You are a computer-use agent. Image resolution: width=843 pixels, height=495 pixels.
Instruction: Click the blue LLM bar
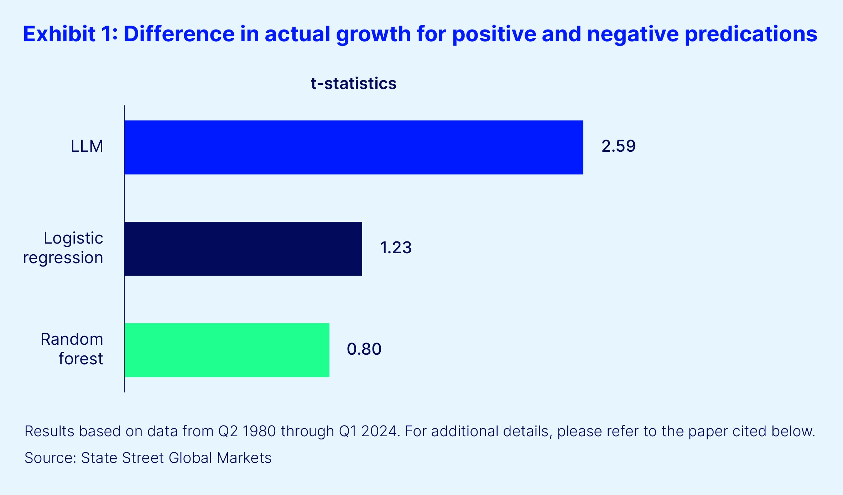click(353, 147)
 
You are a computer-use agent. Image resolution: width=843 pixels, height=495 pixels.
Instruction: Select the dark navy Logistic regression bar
click(243, 249)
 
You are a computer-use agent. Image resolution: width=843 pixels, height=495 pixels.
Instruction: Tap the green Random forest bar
click(227, 350)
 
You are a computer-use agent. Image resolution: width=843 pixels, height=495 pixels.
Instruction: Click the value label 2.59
click(618, 146)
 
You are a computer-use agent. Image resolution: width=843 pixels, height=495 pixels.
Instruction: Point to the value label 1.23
click(396, 247)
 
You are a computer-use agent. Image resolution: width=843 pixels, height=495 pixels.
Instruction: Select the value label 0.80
click(364, 349)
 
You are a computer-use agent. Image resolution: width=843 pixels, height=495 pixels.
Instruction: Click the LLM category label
click(87, 146)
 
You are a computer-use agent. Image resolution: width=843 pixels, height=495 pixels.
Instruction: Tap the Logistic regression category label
click(63, 248)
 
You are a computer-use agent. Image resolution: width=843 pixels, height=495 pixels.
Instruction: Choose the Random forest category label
click(72, 349)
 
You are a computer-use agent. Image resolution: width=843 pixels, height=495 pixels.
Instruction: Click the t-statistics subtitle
click(353, 84)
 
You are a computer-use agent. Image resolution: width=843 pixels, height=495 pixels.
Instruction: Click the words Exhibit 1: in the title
click(70, 34)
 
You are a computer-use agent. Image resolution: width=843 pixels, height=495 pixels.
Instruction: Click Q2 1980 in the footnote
click(247, 431)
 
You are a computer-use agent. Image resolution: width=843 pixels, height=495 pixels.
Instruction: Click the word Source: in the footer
click(50, 458)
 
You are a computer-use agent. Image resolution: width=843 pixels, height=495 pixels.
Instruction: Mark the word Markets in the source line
click(244, 458)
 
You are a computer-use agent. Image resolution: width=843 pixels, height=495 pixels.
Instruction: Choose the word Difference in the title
click(179, 34)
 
